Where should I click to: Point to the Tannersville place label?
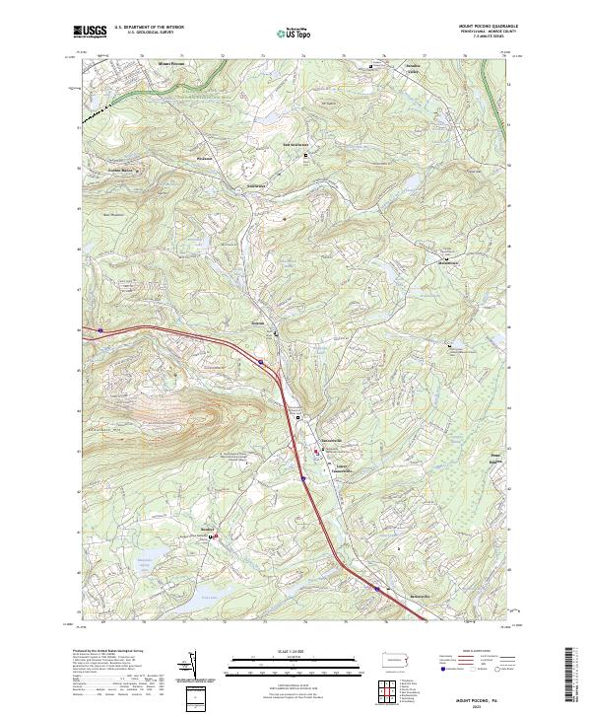click(x=329, y=440)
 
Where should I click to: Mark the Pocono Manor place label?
click(x=119, y=170)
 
